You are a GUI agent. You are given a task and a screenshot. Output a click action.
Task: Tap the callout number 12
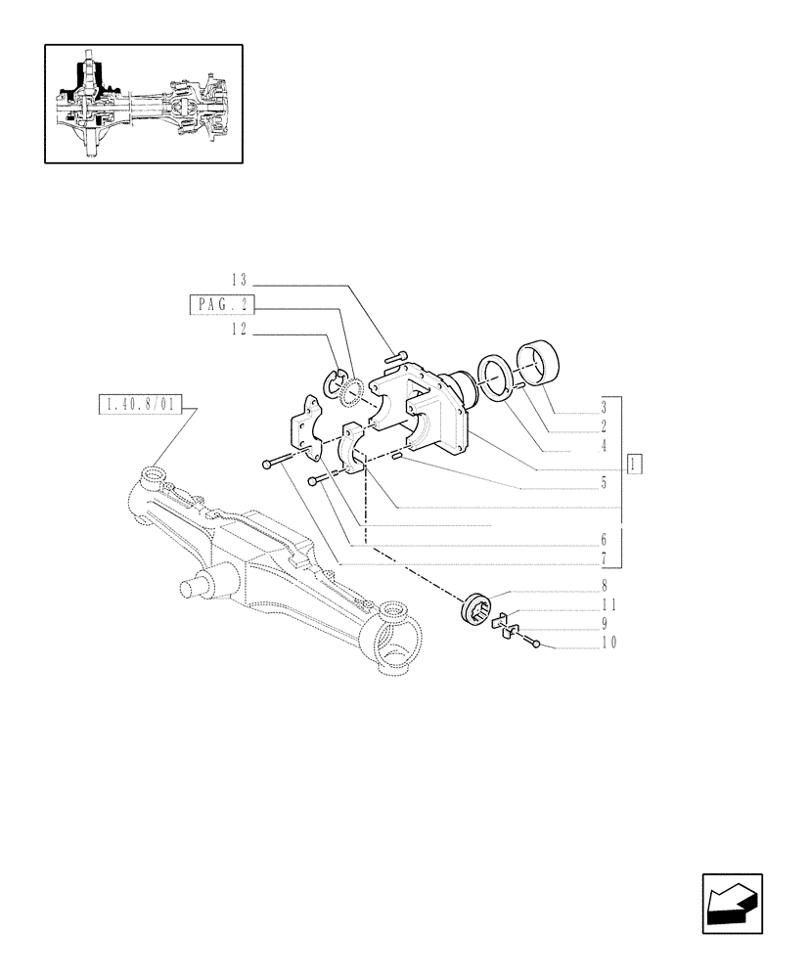click(241, 332)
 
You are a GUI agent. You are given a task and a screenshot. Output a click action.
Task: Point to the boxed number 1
click(635, 464)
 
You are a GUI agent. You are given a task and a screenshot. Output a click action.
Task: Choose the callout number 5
click(605, 483)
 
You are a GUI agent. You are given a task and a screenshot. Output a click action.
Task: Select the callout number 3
click(605, 406)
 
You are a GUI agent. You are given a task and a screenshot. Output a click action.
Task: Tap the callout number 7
click(605, 558)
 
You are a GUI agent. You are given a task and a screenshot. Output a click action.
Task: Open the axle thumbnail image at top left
click(143, 104)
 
